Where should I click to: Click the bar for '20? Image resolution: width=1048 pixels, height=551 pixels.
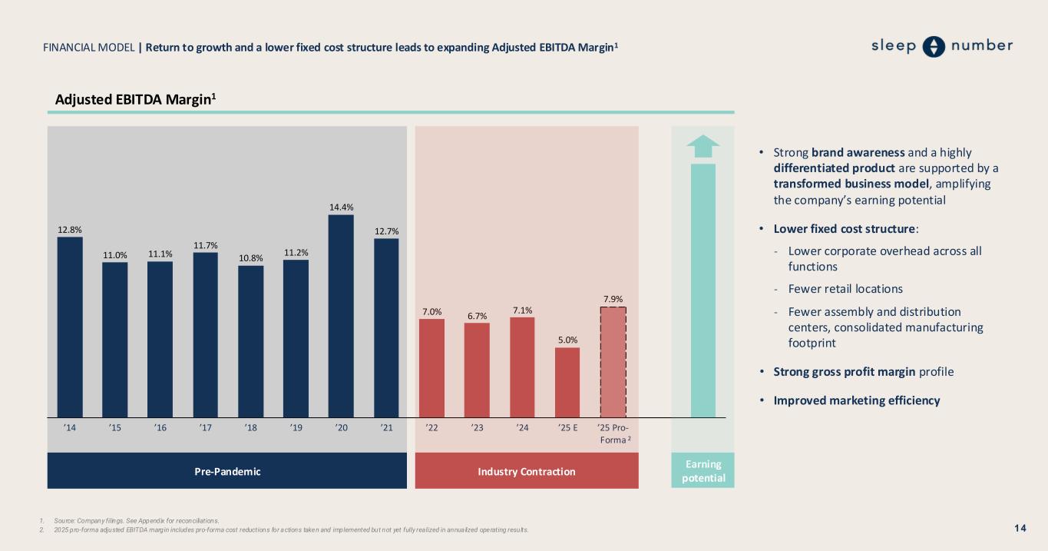(341, 315)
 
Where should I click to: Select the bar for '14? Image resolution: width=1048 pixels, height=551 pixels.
(70, 327)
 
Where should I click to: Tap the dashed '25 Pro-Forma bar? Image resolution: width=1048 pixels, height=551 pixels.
(613, 362)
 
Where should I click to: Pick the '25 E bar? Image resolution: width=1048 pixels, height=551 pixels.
(567, 382)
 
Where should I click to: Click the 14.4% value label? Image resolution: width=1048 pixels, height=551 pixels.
(341, 207)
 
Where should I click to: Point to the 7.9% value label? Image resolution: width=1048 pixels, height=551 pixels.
(613, 298)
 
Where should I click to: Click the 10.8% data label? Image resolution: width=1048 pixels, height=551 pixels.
(250, 257)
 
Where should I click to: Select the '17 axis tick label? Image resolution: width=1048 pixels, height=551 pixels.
(205, 429)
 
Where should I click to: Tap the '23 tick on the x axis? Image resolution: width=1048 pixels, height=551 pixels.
(477, 429)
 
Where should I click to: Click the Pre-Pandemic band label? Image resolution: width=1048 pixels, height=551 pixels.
(227, 471)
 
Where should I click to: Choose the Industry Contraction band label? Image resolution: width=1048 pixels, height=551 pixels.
(526, 471)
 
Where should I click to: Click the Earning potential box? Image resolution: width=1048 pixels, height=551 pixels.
(703, 471)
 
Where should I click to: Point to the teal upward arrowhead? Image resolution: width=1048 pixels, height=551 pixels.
(703, 144)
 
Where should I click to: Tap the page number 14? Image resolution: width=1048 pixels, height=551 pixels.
(1020, 528)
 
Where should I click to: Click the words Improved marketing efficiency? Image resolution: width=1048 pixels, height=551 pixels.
(856, 400)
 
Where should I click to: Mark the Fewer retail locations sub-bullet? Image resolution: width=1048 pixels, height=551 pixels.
(845, 289)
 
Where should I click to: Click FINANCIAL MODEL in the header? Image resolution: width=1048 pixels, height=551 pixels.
(89, 48)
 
